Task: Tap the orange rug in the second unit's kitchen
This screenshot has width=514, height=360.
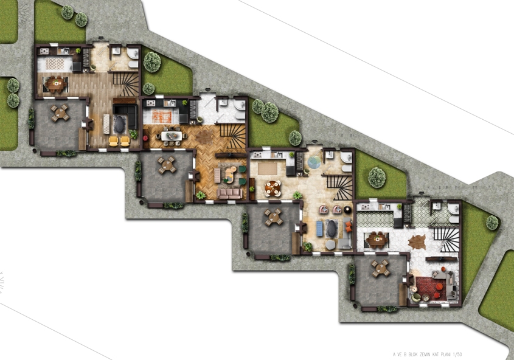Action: (x=162, y=116)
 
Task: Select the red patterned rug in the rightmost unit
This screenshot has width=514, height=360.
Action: (x=431, y=288)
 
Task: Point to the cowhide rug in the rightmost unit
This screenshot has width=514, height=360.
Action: (x=417, y=242)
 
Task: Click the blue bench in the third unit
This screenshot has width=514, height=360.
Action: (x=319, y=229)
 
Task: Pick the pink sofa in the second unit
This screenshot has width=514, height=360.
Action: (x=230, y=193)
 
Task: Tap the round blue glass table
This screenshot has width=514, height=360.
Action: (x=314, y=162)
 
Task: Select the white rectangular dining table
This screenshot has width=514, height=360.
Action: (x=172, y=136)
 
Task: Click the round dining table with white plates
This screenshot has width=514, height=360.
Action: (x=273, y=188)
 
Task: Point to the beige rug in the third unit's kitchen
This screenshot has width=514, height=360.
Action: (x=268, y=168)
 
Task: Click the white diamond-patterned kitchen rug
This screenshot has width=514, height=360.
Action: (x=55, y=64)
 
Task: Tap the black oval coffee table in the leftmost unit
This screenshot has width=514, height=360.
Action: (x=120, y=125)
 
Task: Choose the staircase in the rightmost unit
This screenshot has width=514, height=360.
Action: (x=446, y=240)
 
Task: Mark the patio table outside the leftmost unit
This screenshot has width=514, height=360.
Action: (x=60, y=113)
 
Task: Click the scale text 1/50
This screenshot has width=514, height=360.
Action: (x=457, y=355)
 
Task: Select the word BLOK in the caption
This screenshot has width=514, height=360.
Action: (x=413, y=355)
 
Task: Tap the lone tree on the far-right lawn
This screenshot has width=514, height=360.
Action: (x=492, y=223)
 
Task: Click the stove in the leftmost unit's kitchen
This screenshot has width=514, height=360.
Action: (x=44, y=51)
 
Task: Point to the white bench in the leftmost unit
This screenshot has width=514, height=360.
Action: (x=106, y=124)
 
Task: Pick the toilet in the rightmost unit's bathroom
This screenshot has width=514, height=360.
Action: (x=454, y=219)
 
